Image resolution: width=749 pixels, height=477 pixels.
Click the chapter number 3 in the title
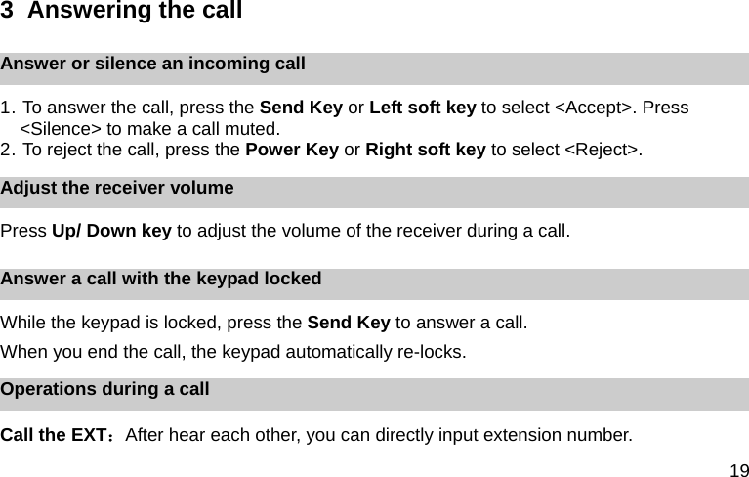pos(7,12)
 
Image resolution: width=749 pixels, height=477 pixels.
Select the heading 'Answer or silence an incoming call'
pos(153,65)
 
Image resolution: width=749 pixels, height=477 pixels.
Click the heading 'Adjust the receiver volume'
pos(117,188)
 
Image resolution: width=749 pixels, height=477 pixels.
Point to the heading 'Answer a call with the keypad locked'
pos(161,279)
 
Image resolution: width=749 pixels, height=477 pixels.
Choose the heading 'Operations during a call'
pos(104,389)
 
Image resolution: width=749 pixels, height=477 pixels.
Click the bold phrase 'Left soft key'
pos(423,108)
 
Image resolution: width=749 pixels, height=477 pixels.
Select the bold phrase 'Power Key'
pos(291,150)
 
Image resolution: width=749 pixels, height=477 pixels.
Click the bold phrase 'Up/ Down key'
pos(111,232)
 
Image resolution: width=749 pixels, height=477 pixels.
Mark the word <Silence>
pos(61,128)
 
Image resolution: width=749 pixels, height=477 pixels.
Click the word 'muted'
pos(253,128)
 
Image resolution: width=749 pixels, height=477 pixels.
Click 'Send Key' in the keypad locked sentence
pos(349,323)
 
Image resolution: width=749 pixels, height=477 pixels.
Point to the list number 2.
pos(7,150)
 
